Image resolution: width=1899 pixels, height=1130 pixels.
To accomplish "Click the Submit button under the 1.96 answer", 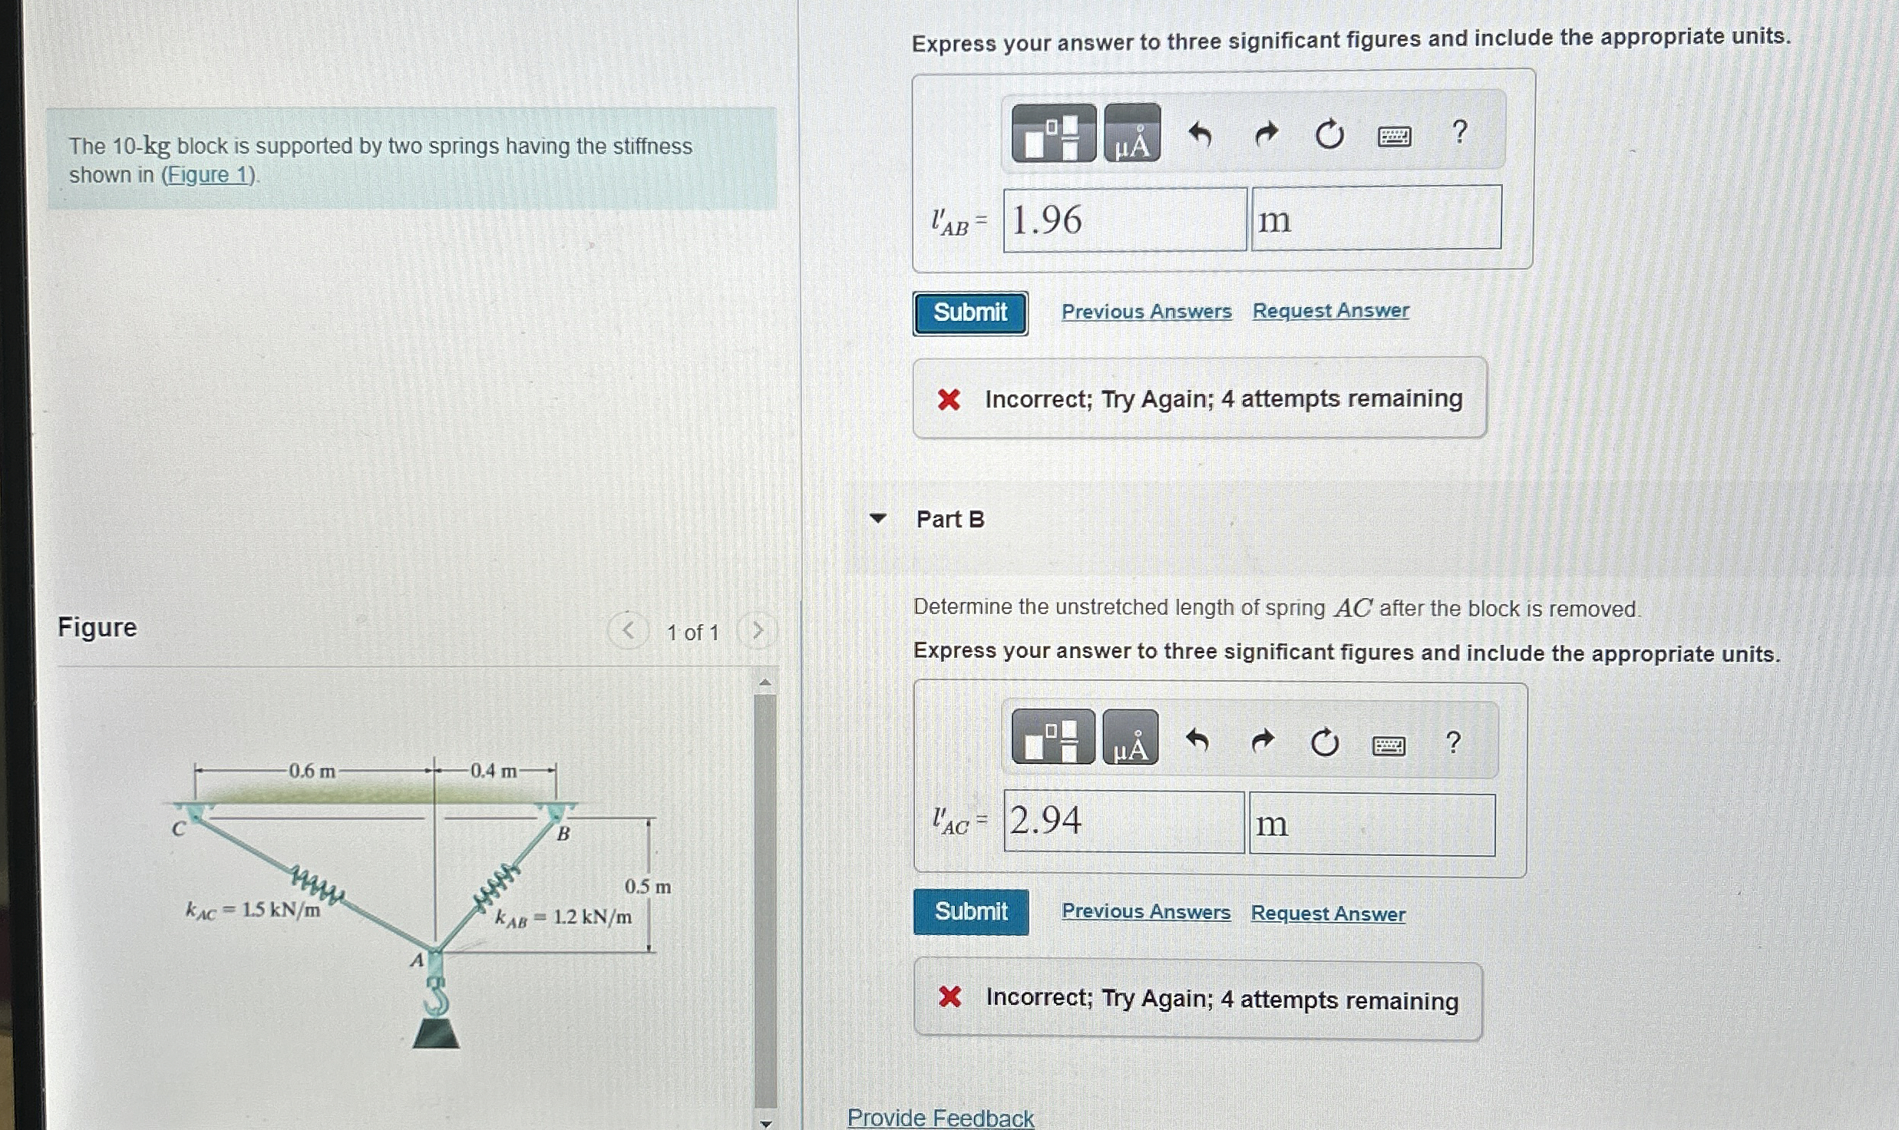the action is click(x=970, y=313).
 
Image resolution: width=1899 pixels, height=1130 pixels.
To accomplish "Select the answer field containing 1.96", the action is click(x=1125, y=220).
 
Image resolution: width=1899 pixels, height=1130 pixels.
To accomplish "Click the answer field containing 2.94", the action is click(x=1124, y=821).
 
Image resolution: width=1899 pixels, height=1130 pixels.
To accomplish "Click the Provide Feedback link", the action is click(x=940, y=1117).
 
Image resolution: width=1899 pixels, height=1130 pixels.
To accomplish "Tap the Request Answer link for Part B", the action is click(x=1328, y=913).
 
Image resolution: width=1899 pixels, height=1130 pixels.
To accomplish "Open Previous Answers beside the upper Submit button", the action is click(x=1147, y=312).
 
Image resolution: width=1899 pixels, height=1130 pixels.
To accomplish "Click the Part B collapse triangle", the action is click(x=878, y=518).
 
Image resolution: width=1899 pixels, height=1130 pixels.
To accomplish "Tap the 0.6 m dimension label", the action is click(x=312, y=771).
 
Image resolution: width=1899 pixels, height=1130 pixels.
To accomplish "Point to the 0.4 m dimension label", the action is click(x=494, y=771).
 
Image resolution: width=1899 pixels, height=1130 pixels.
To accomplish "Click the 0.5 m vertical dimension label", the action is click(x=647, y=887).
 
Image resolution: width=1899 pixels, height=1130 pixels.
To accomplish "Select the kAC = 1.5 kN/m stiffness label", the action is click(x=253, y=910).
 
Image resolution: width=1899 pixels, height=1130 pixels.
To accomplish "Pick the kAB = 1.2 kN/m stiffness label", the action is click(x=564, y=917).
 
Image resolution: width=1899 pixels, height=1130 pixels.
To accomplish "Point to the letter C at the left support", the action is click(x=178, y=829).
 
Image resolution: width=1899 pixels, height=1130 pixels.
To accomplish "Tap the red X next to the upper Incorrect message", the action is click(x=949, y=399).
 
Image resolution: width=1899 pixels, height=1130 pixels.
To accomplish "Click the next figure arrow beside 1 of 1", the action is click(x=757, y=631).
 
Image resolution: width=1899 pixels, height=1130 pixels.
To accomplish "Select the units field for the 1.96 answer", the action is click(x=1376, y=217).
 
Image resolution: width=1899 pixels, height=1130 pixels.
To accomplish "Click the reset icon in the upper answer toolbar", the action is click(x=1329, y=135).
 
